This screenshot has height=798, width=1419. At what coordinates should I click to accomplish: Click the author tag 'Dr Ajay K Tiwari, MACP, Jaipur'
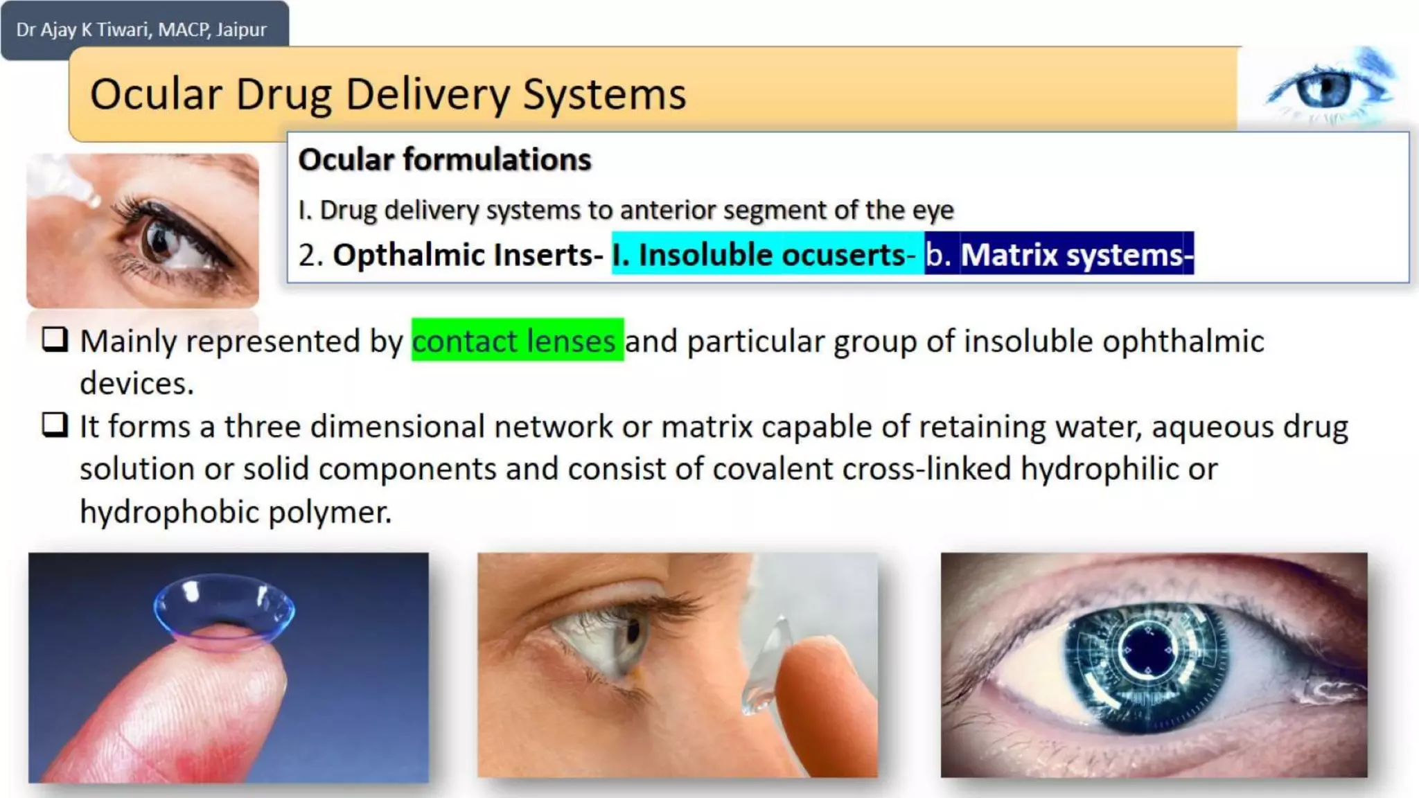coord(141,30)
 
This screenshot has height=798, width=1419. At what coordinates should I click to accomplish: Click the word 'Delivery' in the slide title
coord(428,94)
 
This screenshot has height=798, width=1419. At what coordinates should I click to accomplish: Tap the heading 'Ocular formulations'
coord(445,159)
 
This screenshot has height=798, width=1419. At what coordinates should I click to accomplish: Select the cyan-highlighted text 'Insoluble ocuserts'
coord(772,255)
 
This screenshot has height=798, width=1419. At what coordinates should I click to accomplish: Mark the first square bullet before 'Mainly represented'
coord(55,339)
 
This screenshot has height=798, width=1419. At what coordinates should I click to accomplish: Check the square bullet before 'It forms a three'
coord(55,425)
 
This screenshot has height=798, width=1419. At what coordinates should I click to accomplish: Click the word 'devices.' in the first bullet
coord(136,383)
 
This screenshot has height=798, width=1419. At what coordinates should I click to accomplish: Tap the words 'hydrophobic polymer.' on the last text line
coord(236,512)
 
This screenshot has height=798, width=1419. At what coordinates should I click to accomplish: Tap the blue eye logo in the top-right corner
coord(1325,89)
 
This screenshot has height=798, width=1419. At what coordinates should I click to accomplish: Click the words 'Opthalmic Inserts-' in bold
coord(468,255)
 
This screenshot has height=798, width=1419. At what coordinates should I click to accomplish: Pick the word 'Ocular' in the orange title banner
coord(157,94)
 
